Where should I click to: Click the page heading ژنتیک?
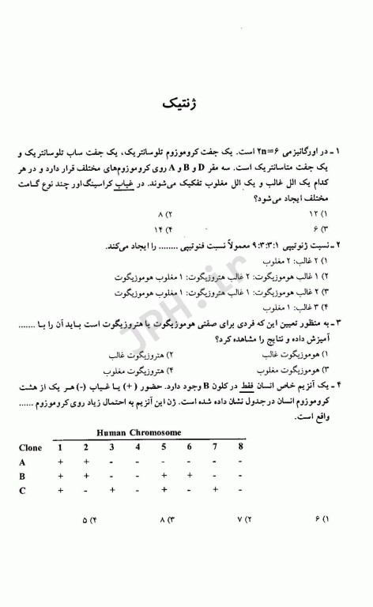pyautogui.click(x=186, y=104)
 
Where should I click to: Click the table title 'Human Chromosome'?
pyautogui.click(x=138, y=433)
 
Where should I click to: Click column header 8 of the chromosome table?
pyautogui.click(x=240, y=447)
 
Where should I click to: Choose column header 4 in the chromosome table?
pyautogui.click(x=138, y=447)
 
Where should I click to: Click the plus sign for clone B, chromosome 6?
pyautogui.click(x=190, y=477)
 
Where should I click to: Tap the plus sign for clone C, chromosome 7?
pyautogui.click(x=215, y=491)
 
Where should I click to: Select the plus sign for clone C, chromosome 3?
pyautogui.click(x=111, y=491)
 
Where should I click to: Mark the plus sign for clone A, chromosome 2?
pyautogui.click(x=85, y=462)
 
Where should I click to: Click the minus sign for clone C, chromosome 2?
pyautogui.click(x=85, y=491)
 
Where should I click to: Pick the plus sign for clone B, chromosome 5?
pyautogui.click(x=163, y=477)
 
